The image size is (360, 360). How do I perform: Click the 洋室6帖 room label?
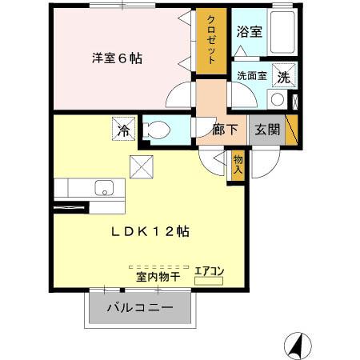pos(116,58)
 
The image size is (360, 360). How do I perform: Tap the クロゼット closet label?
pos(213,40)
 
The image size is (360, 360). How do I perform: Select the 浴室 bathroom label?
pos(249,33)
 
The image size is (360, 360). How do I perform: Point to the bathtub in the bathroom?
pos(283,34)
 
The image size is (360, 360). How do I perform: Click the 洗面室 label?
pos(251,77)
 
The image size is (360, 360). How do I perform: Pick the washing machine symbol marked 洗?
pos(282,77)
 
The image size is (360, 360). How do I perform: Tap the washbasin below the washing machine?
pos(278,99)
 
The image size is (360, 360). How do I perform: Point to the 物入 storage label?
pos(238,165)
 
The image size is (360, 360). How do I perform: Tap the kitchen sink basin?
pos(103,189)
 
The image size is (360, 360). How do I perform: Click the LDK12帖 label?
pos(150,231)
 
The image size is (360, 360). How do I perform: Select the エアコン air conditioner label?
pos(210,272)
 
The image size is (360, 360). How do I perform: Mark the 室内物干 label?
pos(157,278)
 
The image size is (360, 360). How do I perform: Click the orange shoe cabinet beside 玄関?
pos(291,130)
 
